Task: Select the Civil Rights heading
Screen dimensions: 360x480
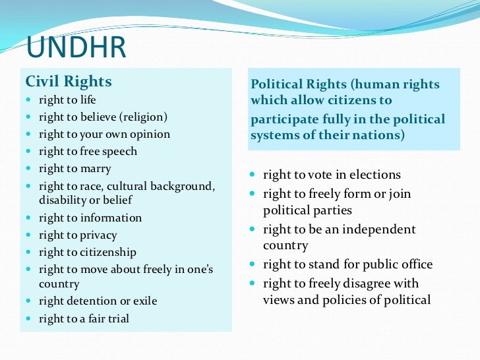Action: (69, 82)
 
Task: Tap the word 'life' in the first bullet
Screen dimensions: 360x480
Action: (87, 100)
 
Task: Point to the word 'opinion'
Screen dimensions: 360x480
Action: (150, 135)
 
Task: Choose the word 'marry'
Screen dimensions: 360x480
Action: (96, 168)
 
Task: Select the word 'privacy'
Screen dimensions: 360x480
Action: (98, 235)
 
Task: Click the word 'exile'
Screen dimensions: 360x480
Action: (143, 301)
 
